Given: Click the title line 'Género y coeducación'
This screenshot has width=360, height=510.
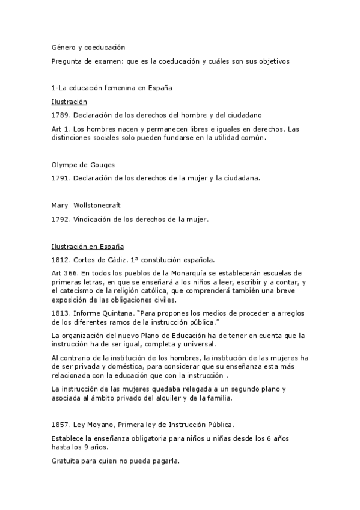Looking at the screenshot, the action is coord(88,46).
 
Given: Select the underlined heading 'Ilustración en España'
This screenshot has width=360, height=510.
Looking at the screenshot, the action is coord(88,247).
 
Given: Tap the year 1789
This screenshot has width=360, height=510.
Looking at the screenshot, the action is coord(61,115).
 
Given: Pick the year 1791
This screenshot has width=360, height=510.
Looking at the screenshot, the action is coord(61,178).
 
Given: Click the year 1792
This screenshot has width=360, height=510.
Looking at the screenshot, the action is coord(61,219).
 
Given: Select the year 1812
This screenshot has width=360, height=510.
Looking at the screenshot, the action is coord(61,260).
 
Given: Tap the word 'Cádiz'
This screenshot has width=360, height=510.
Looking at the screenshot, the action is coord(114,260).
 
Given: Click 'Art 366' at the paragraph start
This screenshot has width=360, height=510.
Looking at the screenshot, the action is coord(63,274).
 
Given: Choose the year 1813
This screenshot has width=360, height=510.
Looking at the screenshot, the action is coord(61,312).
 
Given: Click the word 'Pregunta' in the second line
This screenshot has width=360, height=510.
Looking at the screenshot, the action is coord(67,61).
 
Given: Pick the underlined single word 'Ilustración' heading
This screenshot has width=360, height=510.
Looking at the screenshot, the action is coord(69,102).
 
